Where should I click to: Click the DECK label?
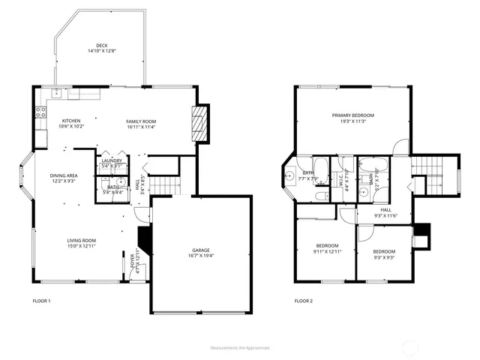[x=102, y=45]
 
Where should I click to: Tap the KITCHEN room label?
[x=71, y=121]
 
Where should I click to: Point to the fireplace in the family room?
[x=198, y=121]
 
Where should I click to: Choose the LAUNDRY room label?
[x=112, y=160]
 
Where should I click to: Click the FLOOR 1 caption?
[x=41, y=301]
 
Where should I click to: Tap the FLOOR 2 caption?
[x=304, y=301]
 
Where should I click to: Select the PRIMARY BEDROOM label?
[x=352, y=115]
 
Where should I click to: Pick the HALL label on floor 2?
[x=385, y=210]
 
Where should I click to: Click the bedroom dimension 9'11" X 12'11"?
[x=327, y=252]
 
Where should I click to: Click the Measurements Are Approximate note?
[x=239, y=348]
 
